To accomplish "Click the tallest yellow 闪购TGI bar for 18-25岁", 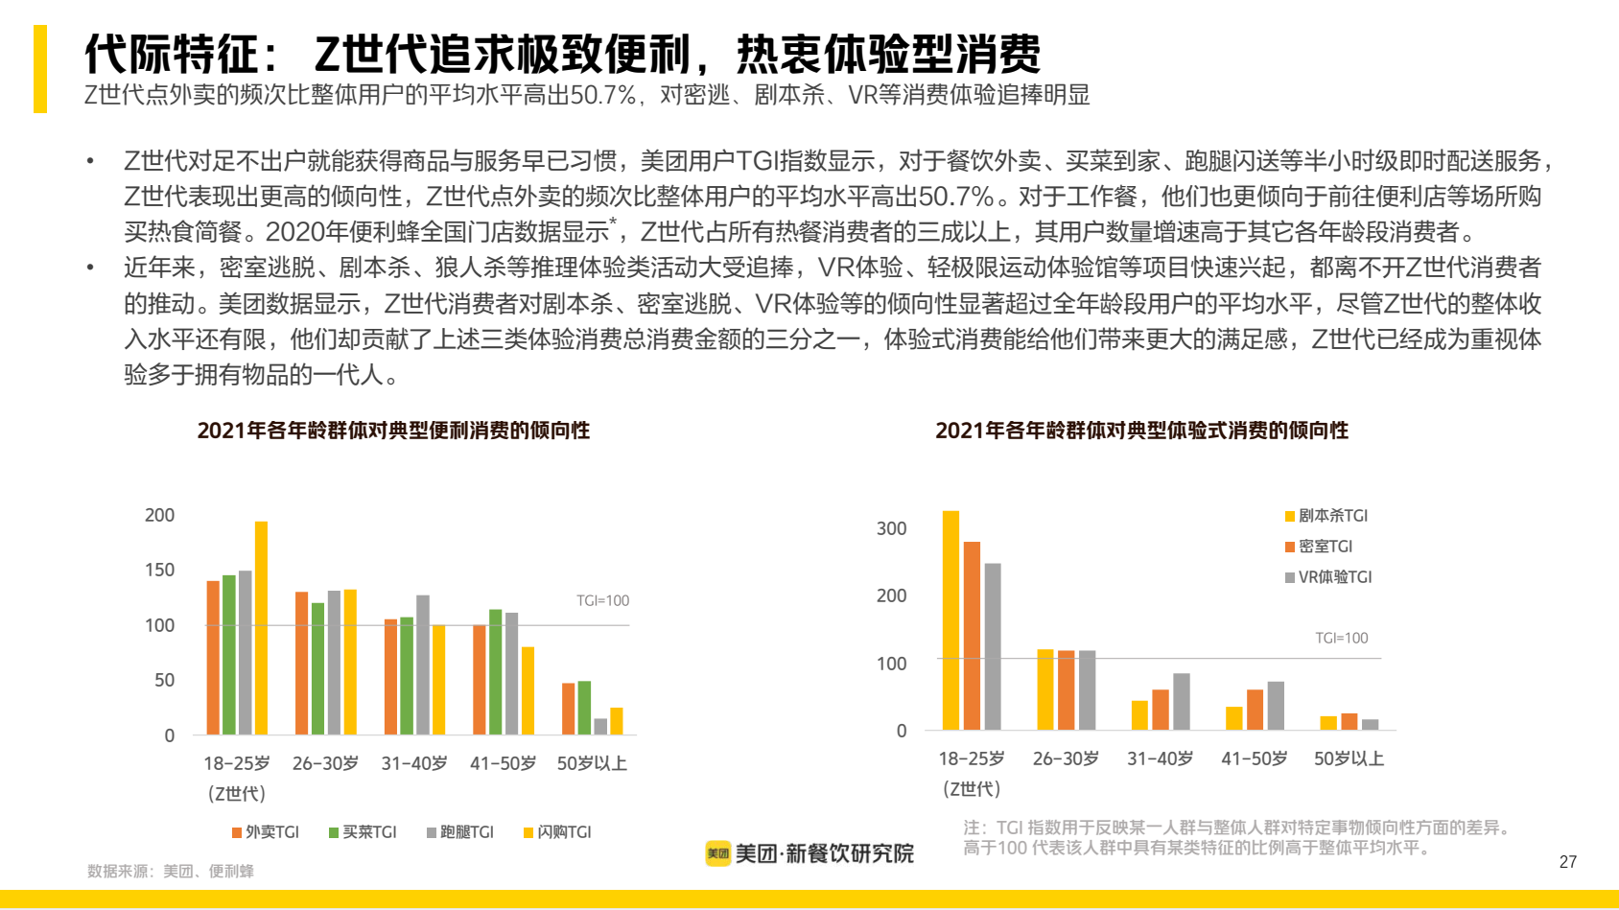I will (261, 628).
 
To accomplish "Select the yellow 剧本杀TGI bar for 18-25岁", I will (950, 620).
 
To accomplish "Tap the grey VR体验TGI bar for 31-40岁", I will (1181, 701).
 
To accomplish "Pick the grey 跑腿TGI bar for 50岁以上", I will (600, 726).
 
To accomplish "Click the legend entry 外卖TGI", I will (266, 832).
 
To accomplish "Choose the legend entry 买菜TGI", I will (363, 832).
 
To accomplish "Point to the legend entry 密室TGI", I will (1319, 547).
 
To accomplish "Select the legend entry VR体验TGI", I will (1328, 577).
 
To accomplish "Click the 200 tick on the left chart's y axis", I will (159, 515).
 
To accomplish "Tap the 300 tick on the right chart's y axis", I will (891, 528).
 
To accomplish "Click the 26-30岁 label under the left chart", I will (325, 763).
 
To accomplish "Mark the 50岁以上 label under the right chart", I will (1349, 758).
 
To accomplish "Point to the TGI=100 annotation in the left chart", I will (602, 601).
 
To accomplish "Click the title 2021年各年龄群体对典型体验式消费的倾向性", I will (1141, 431).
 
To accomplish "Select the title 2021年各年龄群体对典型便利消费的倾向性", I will (393, 431).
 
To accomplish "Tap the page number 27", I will (1568, 862).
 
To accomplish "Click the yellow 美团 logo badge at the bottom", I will (718, 853).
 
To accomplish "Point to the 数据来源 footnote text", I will (171, 871).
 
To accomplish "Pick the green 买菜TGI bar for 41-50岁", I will (495, 672).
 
